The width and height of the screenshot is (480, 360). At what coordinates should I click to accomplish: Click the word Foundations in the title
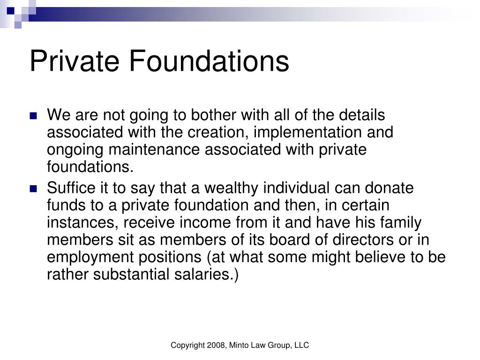(x=208, y=61)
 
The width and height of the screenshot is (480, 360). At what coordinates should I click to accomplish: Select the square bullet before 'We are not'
(x=33, y=116)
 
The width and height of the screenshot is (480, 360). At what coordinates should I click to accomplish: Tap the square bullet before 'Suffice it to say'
(x=33, y=189)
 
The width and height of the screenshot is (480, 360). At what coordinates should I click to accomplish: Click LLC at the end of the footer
(x=302, y=345)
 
